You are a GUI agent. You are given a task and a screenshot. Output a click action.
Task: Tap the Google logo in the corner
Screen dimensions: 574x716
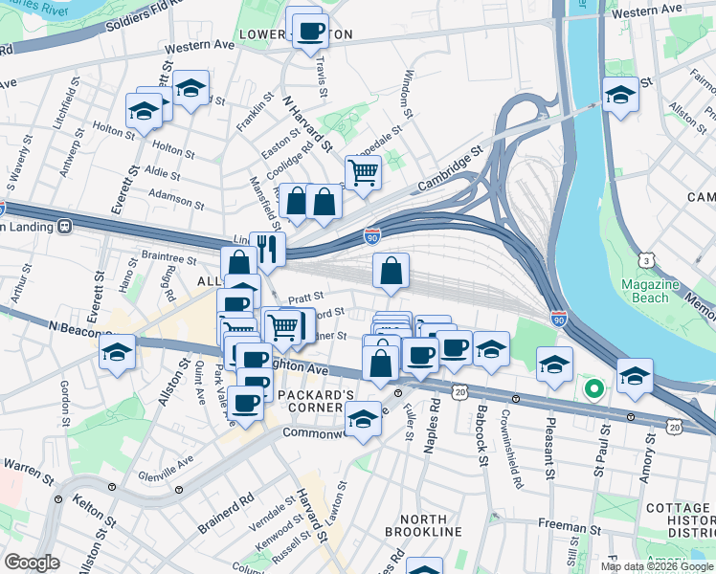click(32, 563)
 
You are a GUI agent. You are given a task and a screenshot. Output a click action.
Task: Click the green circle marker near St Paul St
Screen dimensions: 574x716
click(593, 388)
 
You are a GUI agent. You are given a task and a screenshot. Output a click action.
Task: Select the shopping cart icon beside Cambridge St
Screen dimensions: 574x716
click(363, 173)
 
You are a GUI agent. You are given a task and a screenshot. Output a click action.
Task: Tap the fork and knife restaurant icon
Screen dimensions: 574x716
click(267, 250)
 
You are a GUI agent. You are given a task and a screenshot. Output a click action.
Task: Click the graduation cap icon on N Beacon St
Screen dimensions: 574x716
click(117, 351)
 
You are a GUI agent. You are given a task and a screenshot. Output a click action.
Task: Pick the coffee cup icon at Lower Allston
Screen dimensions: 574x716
click(310, 31)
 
